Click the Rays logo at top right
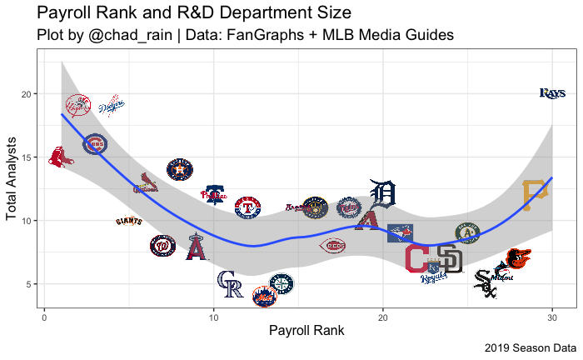(552, 93)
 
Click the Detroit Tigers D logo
(382, 195)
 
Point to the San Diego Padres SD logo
(450, 259)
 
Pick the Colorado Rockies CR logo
(230, 284)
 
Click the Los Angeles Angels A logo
(197, 247)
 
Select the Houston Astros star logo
(179, 170)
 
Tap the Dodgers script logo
(112, 106)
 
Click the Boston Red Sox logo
(60, 157)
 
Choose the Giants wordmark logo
(129, 222)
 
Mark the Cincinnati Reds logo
(332, 246)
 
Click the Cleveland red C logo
(416, 259)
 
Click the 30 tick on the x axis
(552, 317)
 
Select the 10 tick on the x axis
(213, 317)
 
